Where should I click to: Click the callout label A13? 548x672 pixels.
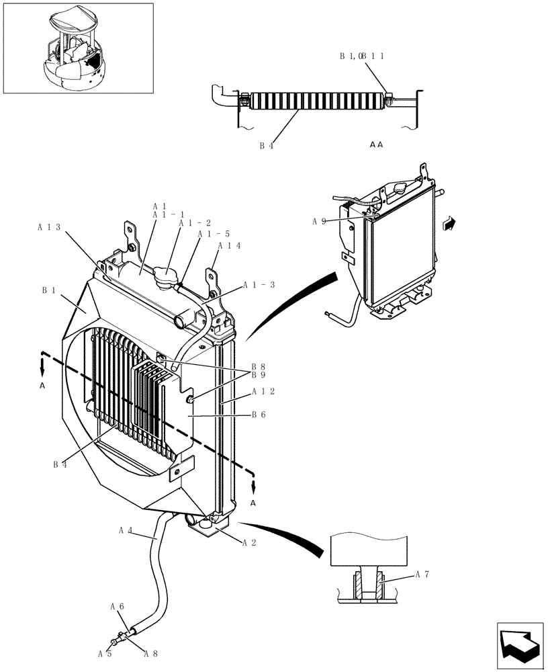point(50,227)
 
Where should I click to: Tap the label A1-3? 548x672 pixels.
point(259,285)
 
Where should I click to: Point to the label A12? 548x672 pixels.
point(263,391)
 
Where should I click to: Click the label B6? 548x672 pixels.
point(259,415)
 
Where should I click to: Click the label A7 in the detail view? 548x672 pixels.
point(422,574)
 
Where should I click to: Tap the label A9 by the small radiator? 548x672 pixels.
point(319,220)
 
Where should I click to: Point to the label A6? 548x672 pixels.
point(117,606)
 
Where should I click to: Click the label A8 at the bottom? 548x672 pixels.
point(150,653)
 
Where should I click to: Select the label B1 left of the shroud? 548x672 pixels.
point(48,290)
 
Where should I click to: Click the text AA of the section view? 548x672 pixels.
point(376,144)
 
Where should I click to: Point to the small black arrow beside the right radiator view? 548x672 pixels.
point(449,222)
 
